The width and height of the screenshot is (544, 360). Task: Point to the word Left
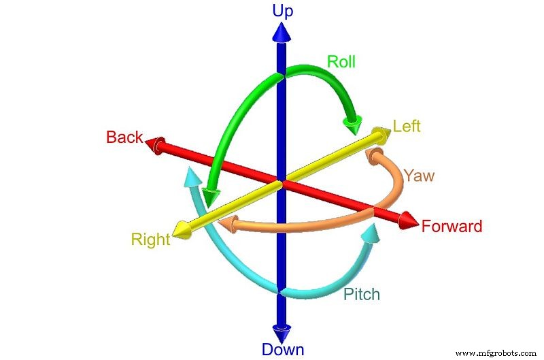(x=407, y=127)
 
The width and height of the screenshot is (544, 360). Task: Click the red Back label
(x=124, y=137)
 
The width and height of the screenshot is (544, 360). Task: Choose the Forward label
(x=452, y=227)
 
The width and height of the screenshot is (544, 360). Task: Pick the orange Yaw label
(x=419, y=176)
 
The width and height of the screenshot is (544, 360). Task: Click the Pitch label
(x=361, y=295)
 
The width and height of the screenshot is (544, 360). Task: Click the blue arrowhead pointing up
(x=281, y=32)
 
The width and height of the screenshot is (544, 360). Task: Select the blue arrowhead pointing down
(x=281, y=333)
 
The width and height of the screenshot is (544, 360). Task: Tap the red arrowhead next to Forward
(x=408, y=221)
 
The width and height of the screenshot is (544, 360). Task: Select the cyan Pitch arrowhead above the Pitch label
(x=371, y=234)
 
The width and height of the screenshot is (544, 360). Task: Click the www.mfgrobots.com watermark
(x=498, y=353)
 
